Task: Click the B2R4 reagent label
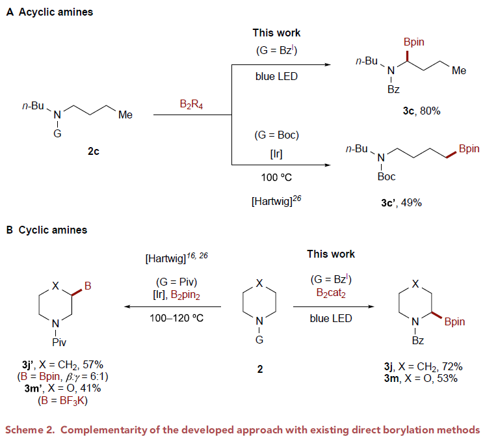point(192,104)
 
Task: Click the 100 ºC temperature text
point(276,176)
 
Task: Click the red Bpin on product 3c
point(413,42)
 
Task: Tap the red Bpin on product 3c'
point(469,148)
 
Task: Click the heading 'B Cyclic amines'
point(46,230)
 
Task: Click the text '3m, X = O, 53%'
point(420,379)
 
